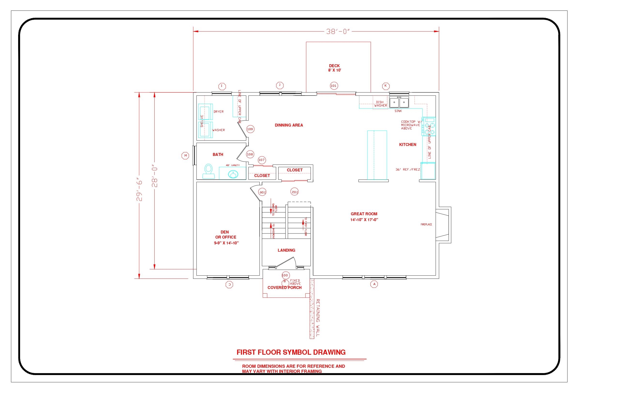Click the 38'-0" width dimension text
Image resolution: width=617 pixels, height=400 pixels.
(x=338, y=32)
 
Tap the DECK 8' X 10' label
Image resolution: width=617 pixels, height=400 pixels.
(x=334, y=68)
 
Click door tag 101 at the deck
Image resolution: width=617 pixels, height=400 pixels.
(x=334, y=86)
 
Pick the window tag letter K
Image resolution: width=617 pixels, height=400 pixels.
(x=385, y=86)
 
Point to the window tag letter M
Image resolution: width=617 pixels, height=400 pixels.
(x=185, y=156)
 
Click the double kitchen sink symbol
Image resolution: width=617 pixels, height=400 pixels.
(x=399, y=102)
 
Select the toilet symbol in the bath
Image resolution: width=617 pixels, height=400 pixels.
(x=208, y=171)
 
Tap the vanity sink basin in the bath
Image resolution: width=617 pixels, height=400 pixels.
(x=233, y=174)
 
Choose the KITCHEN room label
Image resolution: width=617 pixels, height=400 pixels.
(x=407, y=145)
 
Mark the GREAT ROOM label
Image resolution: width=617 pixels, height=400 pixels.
(x=364, y=214)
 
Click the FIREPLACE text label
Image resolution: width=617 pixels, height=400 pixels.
(x=426, y=224)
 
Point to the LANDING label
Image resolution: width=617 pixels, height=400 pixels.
(x=286, y=250)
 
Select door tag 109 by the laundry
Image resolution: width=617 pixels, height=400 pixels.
(x=250, y=129)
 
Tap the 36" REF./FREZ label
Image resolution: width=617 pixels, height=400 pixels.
(x=407, y=170)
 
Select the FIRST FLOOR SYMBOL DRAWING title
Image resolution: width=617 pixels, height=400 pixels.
(x=291, y=352)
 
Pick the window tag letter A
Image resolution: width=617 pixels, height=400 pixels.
(x=374, y=284)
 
